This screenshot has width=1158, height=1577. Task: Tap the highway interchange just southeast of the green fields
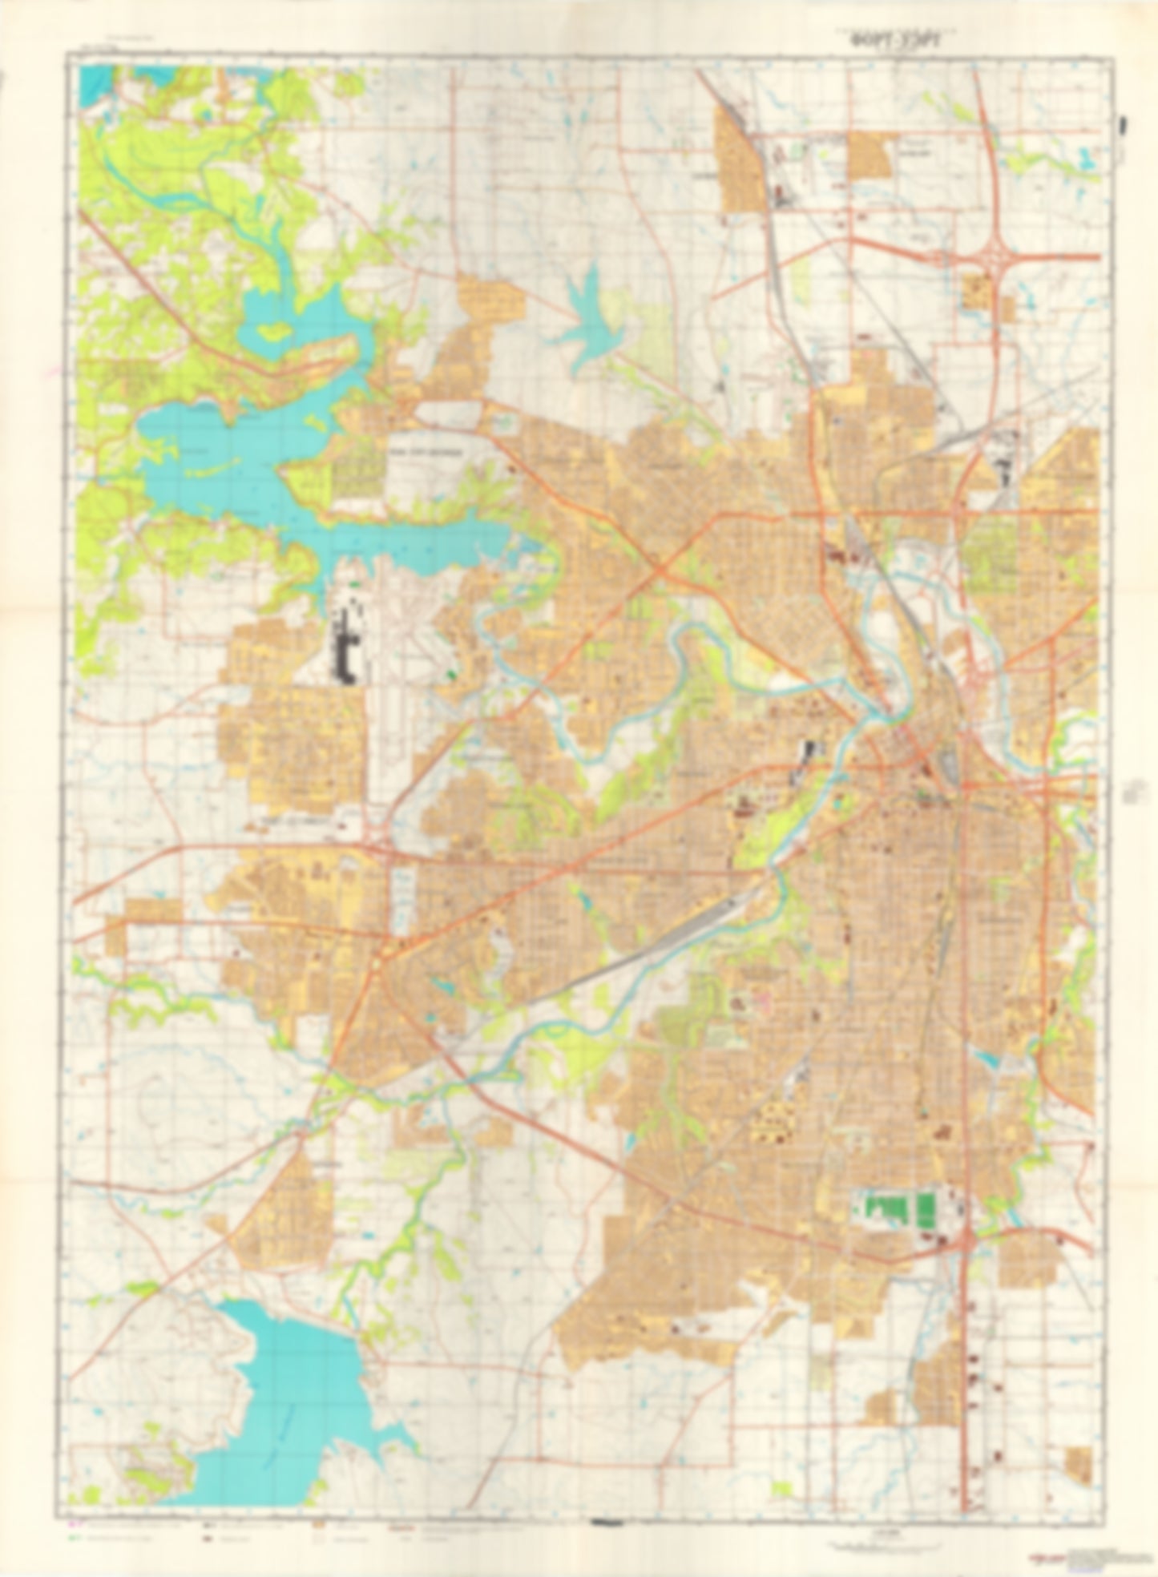(x=968, y=1240)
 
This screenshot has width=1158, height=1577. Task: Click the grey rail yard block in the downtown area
(x=950, y=765)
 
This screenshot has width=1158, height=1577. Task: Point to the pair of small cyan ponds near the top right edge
(x=1086, y=158)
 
